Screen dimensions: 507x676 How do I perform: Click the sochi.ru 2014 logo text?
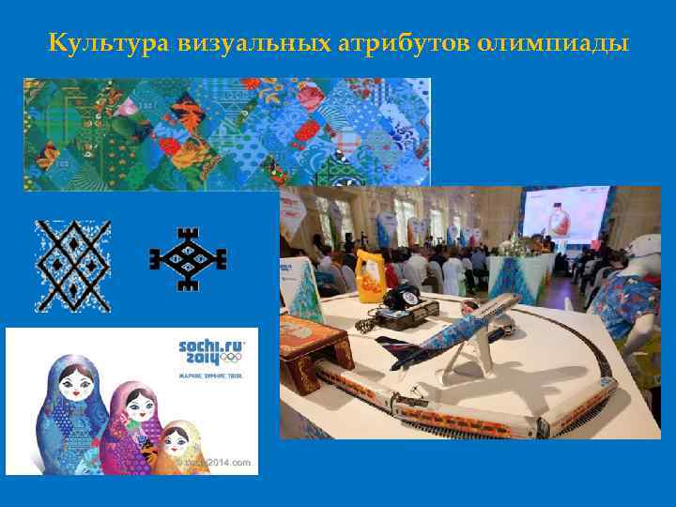tap(208, 352)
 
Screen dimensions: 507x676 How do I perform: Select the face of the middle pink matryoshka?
tap(137, 407)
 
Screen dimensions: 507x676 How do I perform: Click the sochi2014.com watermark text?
tap(218, 463)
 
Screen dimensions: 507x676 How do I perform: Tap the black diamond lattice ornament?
tap(72, 266)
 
